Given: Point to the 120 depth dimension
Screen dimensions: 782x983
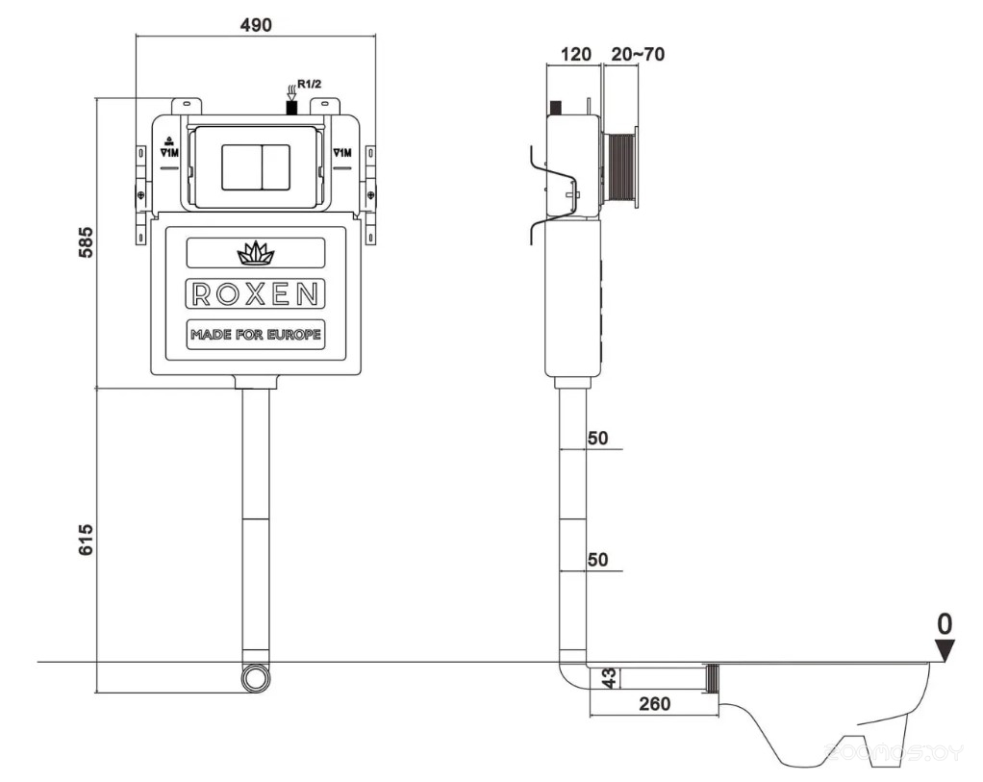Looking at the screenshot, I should pyautogui.click(x=575, y=54).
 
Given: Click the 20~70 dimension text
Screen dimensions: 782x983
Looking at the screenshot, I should pyautogui.click(x=637, y=54).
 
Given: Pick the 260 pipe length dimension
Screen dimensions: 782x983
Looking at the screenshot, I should pyautogui.click(x=654, y=704).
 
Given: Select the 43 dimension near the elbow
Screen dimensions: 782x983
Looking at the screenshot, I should pyautogui.click(x=608, y=679).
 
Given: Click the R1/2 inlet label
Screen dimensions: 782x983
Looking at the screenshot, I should pyautogui.click(x=309, y=85).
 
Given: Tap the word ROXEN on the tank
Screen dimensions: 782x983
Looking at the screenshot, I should pyautogui.click(x=255, y=294).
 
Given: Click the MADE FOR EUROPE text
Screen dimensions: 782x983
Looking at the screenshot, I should pyautogui.click(x=255, y=335).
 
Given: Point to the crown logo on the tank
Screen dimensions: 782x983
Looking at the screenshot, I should pyautogui.click(x=255, y=254).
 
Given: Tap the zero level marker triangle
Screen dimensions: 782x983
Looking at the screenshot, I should pyautogui.click(x=945, y=651).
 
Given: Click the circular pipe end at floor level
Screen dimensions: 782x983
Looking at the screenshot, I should pyautogui.click(x=255, y=677).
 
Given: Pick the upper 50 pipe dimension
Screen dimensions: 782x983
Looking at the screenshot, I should pyautogui.click(x=597, y=439).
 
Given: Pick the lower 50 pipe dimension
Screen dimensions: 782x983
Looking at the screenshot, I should pyautogui.click(x=597, y=560).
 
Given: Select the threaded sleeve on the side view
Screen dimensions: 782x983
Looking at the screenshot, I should pyautogui.click(x=621, y=166).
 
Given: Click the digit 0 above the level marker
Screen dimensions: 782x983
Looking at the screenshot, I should pyautogui.click(x=945, y=622).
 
